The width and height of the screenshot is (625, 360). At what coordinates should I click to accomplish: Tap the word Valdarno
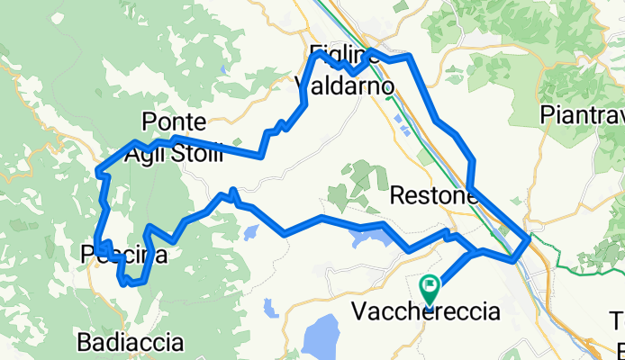click(345, 86)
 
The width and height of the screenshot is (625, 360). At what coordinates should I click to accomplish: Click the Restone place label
click(433, 195)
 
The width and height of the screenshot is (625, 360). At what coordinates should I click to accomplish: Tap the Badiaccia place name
click(131, 342)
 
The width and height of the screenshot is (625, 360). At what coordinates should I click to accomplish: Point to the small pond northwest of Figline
click(222, 68)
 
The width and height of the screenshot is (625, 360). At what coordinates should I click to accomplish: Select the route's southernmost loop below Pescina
click(131, 282)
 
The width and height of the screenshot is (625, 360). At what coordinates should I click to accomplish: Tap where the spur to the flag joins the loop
click(471, 255)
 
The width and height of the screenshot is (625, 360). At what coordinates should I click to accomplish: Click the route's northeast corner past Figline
click(411, 57)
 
